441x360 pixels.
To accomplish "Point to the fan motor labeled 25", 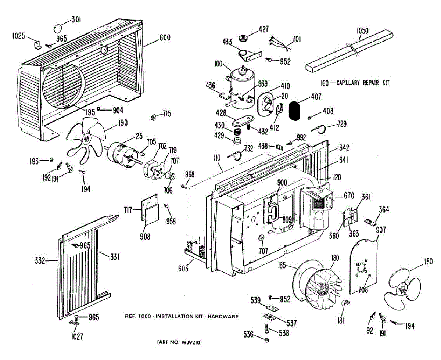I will [120, 152].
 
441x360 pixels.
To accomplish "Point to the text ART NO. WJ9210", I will [179, 343].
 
